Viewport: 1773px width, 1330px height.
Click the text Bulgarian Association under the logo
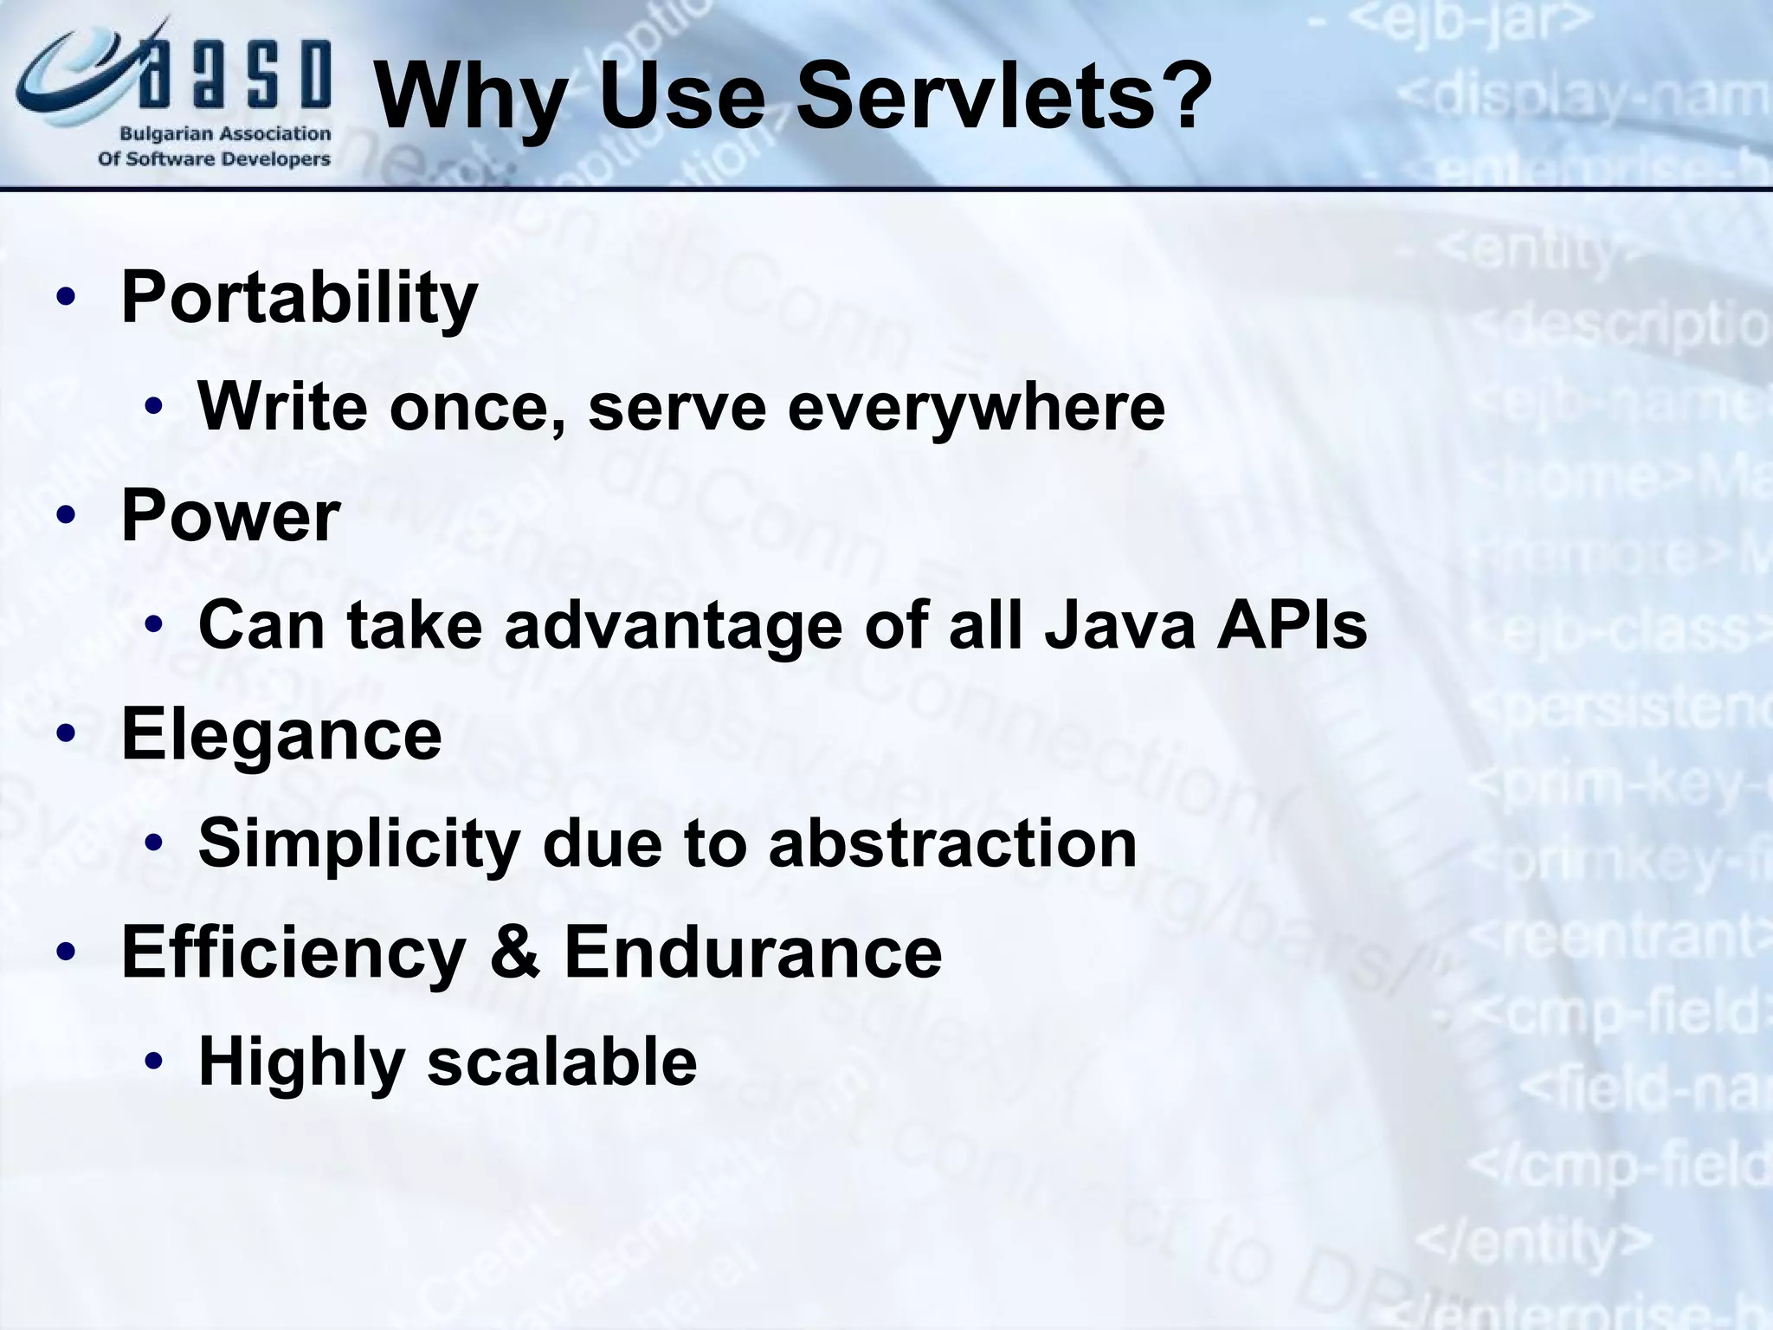tap(225, 134)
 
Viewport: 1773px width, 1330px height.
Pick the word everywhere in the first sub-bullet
tap(977, 407)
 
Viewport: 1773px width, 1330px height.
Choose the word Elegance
tap(281, 734)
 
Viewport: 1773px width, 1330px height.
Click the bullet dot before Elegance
tap(66, 734)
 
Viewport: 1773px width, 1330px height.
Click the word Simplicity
tap(359, 844)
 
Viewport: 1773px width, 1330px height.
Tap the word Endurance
tap(753, 952)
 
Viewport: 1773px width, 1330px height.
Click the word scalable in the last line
tap(562, 1062)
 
